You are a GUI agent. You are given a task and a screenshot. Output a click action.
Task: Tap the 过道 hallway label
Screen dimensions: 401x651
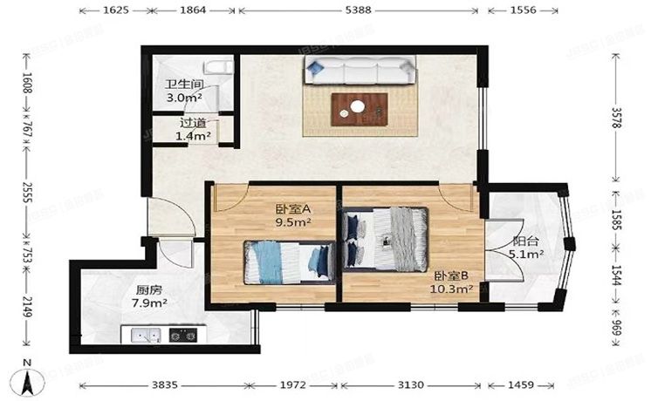[x=193, y=124]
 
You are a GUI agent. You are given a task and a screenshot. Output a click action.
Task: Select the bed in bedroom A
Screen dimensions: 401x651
[x=288, y=261]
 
